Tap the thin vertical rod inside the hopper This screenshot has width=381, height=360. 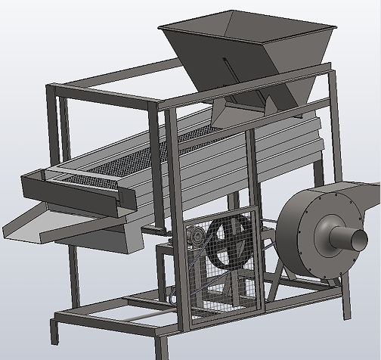tap(225, 68)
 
